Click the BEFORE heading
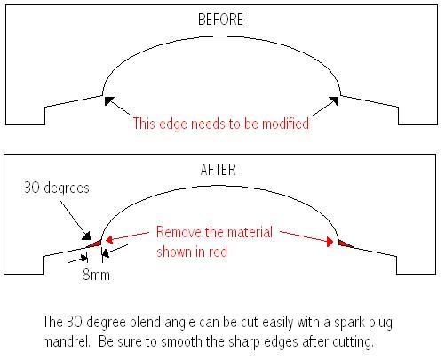[x=220, y=20]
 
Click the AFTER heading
[x=219, y=170]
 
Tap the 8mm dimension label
[x=96, y=275]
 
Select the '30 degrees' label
[x=57, y=188]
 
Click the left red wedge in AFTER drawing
[x=95, y=244]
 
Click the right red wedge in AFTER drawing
[x=345, y=244]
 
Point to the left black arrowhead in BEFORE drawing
[x=109, y=100]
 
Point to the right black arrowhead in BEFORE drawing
[x=334, y=101]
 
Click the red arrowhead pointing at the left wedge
[x=109, y=239]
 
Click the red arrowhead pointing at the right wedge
[x=330, y=242]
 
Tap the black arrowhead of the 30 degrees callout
[x=86, y=236]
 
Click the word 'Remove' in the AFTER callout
[x=179, y=232]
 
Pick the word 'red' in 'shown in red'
[x=219, y=252]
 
